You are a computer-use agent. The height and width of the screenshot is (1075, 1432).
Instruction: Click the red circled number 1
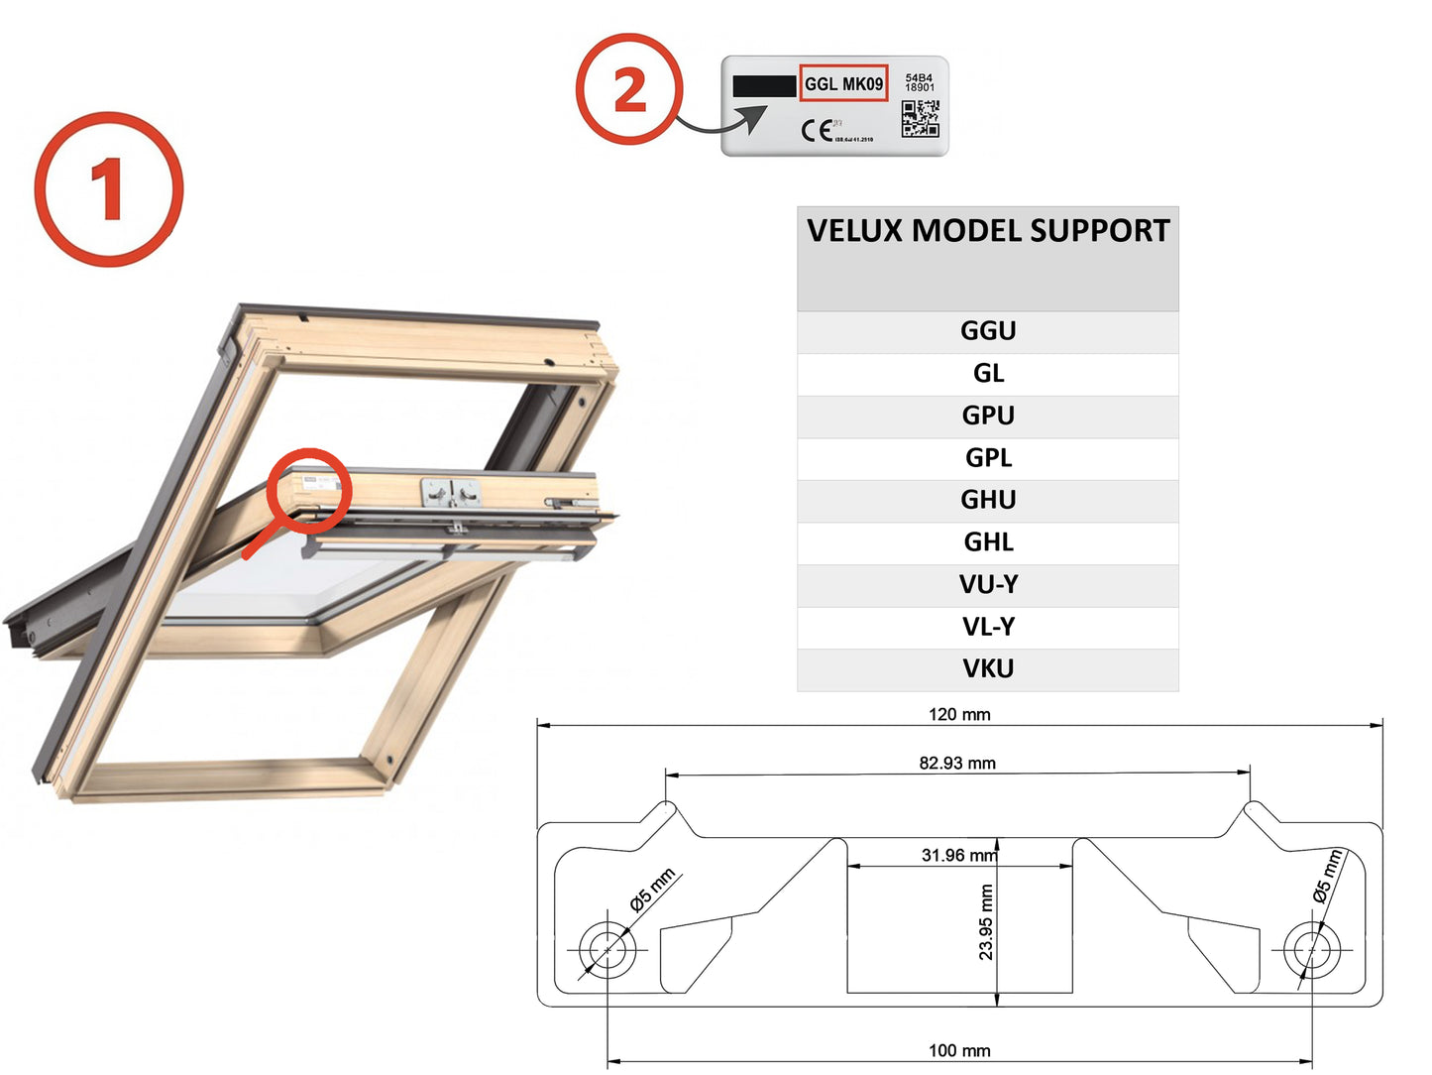(109, 188)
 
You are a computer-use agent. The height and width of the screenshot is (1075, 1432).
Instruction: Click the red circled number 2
(629, 89)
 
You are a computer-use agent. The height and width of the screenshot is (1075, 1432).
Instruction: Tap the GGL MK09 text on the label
(843, 84)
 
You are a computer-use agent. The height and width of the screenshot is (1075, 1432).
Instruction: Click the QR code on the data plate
(920, 118)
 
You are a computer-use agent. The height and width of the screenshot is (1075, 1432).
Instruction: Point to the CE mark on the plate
(817, 130)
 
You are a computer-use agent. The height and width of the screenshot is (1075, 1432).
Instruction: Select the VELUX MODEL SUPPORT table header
(988, 231)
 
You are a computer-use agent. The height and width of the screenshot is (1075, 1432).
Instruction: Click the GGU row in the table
(988, 331)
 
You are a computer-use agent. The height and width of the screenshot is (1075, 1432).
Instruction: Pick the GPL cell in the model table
(988, 458)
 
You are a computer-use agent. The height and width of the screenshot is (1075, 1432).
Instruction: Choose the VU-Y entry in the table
(988, 585)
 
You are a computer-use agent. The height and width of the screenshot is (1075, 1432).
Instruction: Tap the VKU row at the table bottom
(988, 669)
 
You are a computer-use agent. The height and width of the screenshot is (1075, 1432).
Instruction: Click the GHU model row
(988, 500)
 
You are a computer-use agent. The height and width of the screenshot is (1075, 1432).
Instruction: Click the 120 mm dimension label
(958, 714)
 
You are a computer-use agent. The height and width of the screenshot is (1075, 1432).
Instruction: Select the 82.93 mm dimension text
(956, 763)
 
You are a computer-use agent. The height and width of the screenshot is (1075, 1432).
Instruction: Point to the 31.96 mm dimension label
(957, 855)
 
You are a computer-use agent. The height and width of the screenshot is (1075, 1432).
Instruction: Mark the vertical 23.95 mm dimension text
(986, 922)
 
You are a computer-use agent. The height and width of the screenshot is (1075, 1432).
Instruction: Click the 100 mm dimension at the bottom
(958, 1050)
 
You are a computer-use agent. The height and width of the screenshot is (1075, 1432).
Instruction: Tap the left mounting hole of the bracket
(606, 950)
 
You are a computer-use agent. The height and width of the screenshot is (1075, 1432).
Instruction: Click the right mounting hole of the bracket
(1312, 950)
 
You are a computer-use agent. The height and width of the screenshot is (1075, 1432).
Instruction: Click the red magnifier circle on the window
(310, 490)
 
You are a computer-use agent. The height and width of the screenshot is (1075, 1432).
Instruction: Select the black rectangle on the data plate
(763, 86)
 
